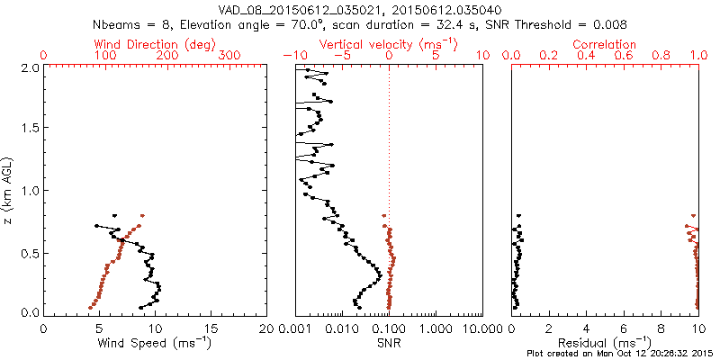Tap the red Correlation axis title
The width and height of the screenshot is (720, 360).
[605, 44]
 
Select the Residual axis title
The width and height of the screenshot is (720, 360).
[605, 342]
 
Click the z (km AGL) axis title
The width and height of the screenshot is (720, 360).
[9, 189]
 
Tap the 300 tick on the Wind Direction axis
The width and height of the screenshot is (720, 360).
[230, 56]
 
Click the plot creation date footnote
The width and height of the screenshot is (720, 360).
[622, 354]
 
